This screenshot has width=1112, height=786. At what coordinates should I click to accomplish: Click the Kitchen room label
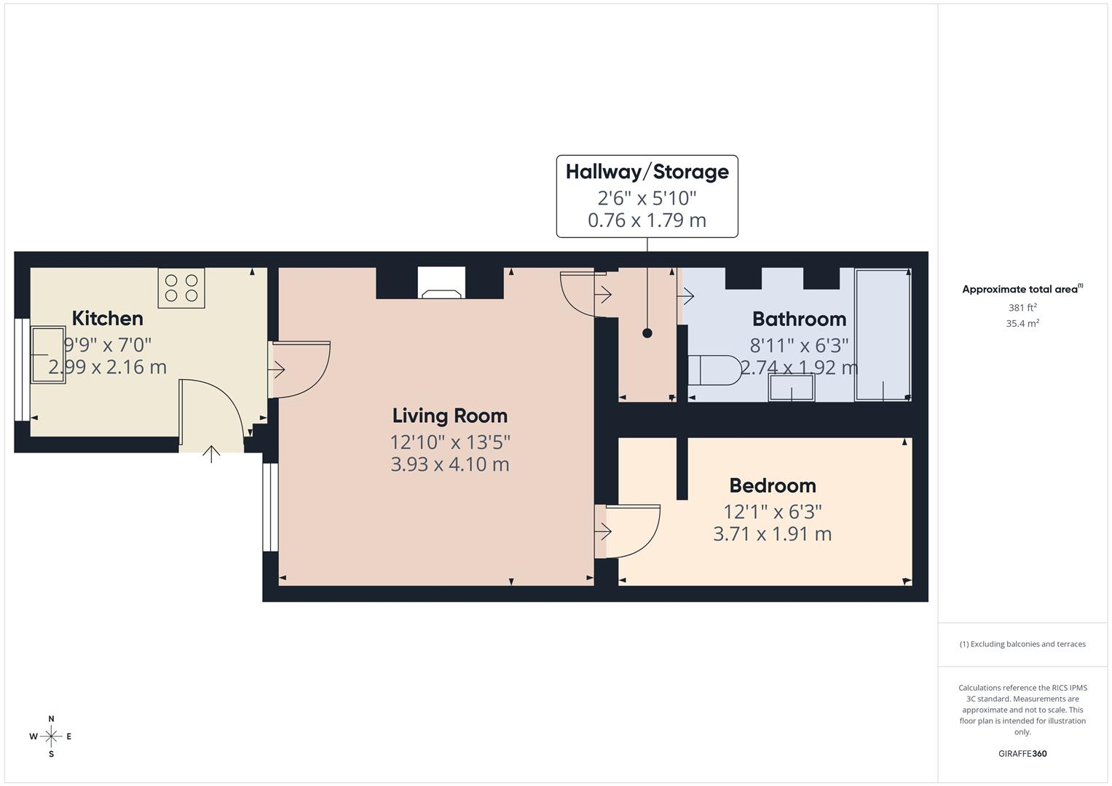point(107,318)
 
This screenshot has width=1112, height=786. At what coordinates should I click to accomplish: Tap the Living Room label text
point(449,416)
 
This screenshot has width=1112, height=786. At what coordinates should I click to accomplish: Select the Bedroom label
point(772,485)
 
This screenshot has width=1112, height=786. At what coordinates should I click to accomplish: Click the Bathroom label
point(799,319)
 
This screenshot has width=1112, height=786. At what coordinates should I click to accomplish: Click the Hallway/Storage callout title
point(647,172)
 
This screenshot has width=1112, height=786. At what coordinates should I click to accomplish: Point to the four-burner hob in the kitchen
point(181,287)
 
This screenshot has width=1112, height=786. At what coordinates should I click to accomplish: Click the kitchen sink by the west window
point(47,354)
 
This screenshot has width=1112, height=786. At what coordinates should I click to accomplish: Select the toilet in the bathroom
point(714,370)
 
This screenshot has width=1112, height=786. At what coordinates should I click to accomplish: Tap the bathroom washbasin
point(792,388)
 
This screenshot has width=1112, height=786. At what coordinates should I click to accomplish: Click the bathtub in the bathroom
point(883,335)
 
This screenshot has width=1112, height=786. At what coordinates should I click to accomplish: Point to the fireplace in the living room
point(441,284)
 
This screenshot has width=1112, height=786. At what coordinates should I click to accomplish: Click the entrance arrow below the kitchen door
point(211,454)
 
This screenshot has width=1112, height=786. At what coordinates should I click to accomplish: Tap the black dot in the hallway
point(647,333)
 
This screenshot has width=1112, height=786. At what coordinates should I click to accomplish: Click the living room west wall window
point(270,507)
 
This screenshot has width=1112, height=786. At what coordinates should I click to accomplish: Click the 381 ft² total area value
point(1022,308)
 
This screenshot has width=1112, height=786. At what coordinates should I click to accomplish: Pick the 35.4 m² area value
point(1022,324)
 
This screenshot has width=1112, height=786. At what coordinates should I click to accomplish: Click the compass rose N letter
point(51,719)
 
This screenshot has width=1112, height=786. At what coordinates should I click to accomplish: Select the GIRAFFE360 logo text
point(1022,754)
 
